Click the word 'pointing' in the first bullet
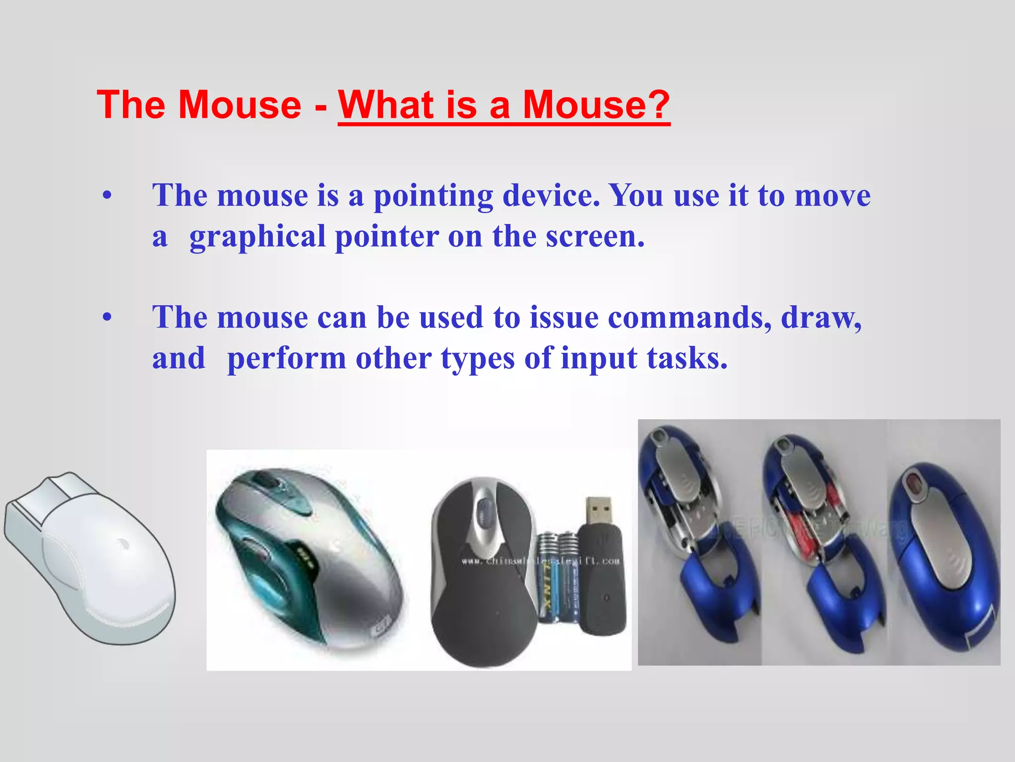point(433,196)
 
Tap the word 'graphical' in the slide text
point(257,237)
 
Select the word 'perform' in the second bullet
point(286,359)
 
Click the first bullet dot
point(107,196)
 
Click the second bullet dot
point(107,318)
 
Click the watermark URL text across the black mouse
point(540,561)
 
